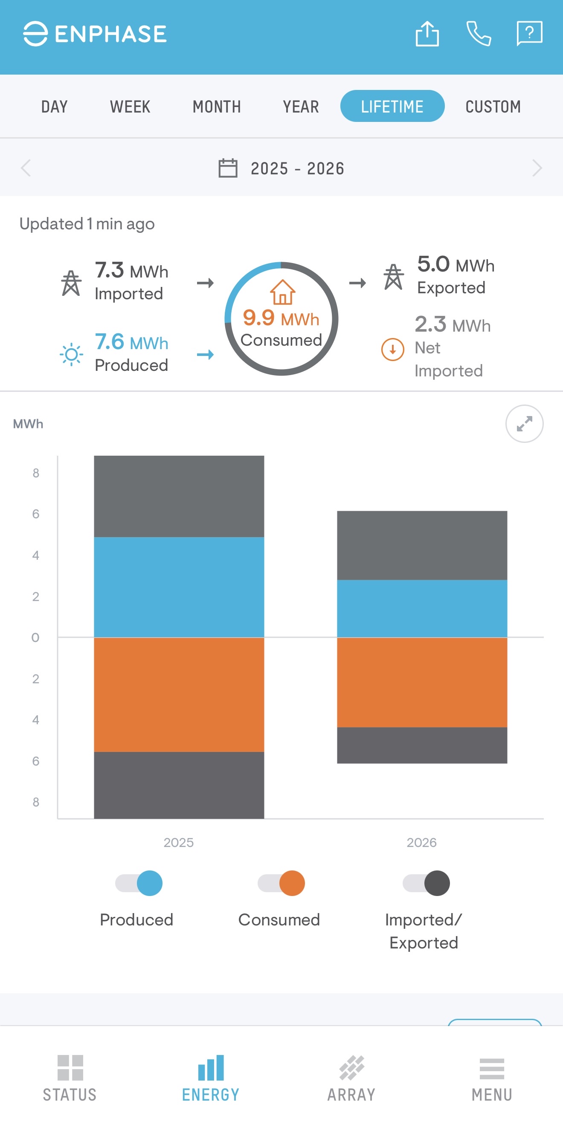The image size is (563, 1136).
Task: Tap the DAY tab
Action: tap(54, 106)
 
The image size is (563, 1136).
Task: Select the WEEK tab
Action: tap(130, 106)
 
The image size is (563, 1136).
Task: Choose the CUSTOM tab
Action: tap(493, 106)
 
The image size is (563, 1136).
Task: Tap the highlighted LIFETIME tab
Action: tap(392, 106)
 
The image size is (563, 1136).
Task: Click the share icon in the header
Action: tap(427, 34)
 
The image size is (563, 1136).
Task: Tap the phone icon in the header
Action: tap(479, 34)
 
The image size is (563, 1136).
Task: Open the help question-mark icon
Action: tap(529, 33)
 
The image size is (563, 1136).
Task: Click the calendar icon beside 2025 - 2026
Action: tap(228, 168)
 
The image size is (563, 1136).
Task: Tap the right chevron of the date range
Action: tap(537, 168)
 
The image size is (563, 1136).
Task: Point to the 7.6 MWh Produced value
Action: tap(131, 342)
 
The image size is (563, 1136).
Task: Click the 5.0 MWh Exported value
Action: tap(456, 265)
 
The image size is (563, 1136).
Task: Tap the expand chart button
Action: tap(524, 424)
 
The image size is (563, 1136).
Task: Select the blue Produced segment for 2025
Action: tap(179, 587)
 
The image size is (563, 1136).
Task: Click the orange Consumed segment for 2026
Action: tap(422, 682)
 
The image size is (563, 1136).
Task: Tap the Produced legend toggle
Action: tap(139, 883)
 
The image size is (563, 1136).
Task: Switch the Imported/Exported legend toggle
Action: tap(426, 883)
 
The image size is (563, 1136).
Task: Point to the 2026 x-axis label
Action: tap(421, 842)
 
